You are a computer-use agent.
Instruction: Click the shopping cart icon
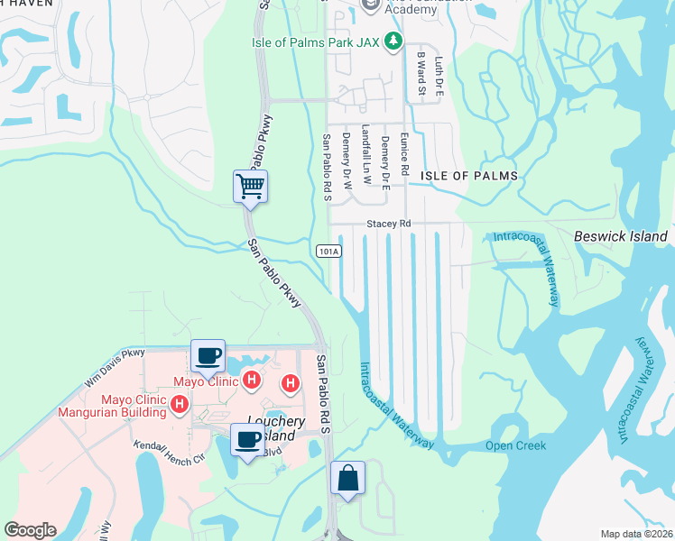point(250,187)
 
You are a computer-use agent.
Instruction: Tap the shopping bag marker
point(347,479)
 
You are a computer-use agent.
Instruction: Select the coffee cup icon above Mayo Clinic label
point(208,356)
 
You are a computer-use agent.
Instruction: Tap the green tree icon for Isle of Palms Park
point(393,41)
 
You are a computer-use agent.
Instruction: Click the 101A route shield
point(328,252)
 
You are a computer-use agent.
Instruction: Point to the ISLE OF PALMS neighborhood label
point(470,176)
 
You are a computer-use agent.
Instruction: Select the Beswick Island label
point(621,237)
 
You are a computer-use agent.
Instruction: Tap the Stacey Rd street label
point(388,223)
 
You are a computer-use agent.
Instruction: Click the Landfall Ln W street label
point(365,154)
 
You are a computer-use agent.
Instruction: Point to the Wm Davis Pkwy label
point(115,368)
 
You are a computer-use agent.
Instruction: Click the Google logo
point(30,530)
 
